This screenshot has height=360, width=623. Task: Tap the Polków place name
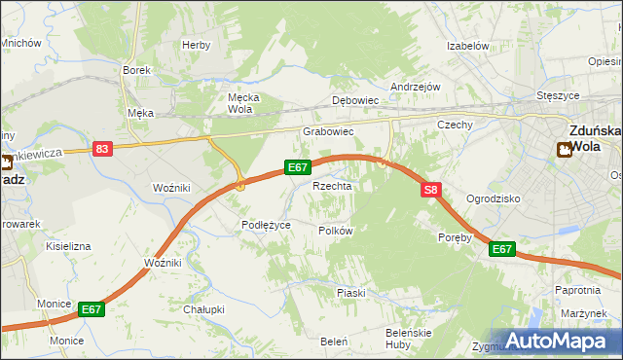coord(336,231)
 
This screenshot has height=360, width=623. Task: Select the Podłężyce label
coord(266,225)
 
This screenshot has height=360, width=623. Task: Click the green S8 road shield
coord(432,192)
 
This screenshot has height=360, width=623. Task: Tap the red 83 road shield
coord(103,149)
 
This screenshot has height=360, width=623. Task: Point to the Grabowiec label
coord(327,130)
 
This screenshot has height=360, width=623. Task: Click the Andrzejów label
coord(416,87)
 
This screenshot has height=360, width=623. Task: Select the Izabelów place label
coord(466,46)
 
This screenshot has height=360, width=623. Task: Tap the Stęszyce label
coord(559,96)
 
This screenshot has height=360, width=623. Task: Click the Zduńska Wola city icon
coord(564,149)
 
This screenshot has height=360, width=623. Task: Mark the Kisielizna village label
coord(68,246)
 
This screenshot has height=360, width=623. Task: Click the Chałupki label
coord(204,309)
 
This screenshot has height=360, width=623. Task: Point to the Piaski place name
coord(350,292)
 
